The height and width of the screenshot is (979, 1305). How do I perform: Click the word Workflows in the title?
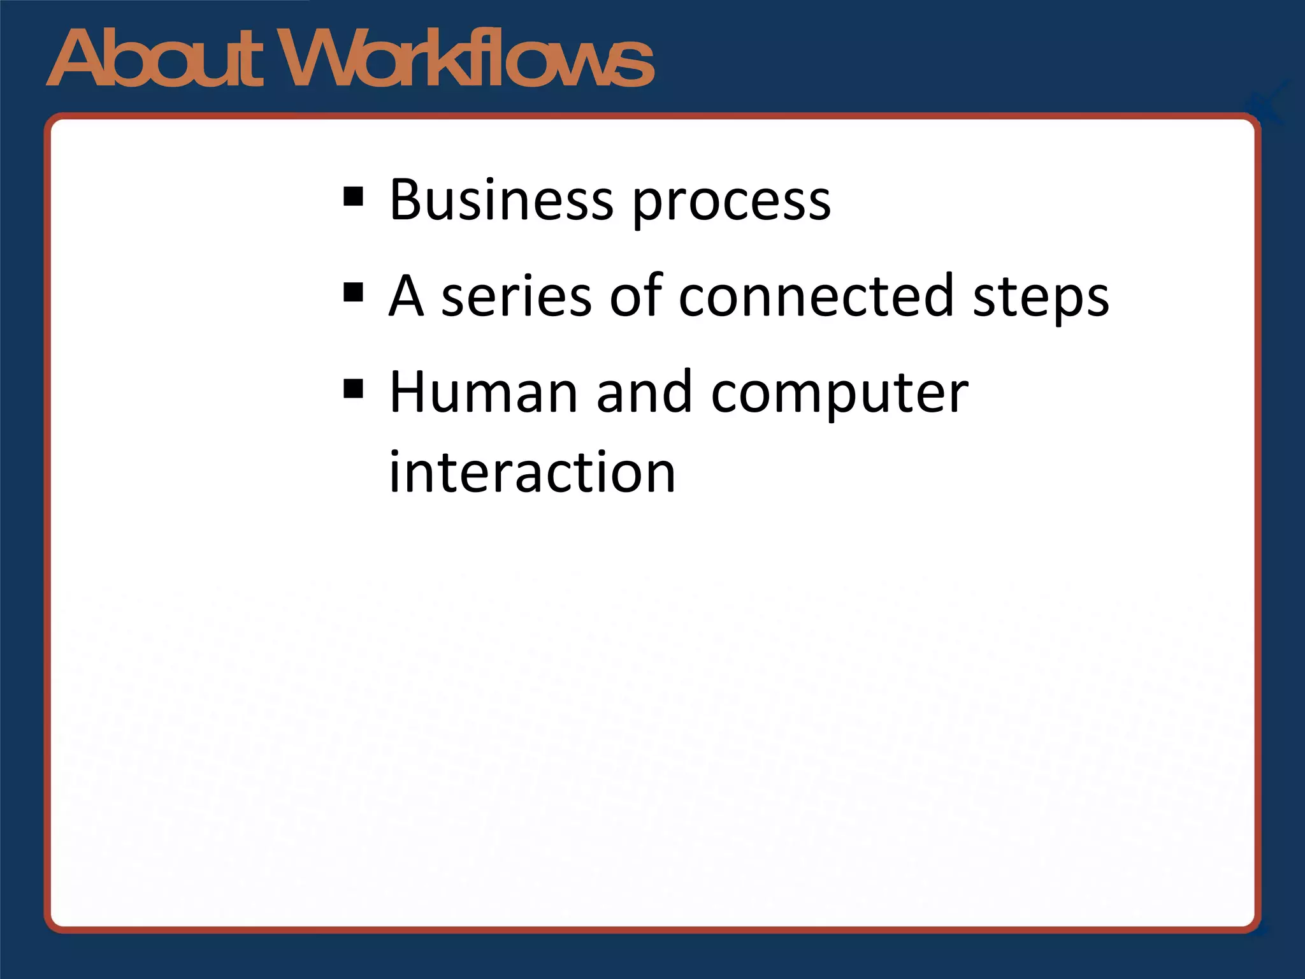468,59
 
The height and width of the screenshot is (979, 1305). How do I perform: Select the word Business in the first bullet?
501,200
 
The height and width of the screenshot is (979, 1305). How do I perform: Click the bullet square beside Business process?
353,197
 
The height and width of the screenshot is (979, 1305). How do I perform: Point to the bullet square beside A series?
353,293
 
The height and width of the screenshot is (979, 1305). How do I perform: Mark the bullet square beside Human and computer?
353,388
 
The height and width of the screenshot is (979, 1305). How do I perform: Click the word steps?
1041,298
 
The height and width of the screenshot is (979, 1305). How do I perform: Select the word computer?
840,395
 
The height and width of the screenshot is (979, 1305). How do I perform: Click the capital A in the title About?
79,59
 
